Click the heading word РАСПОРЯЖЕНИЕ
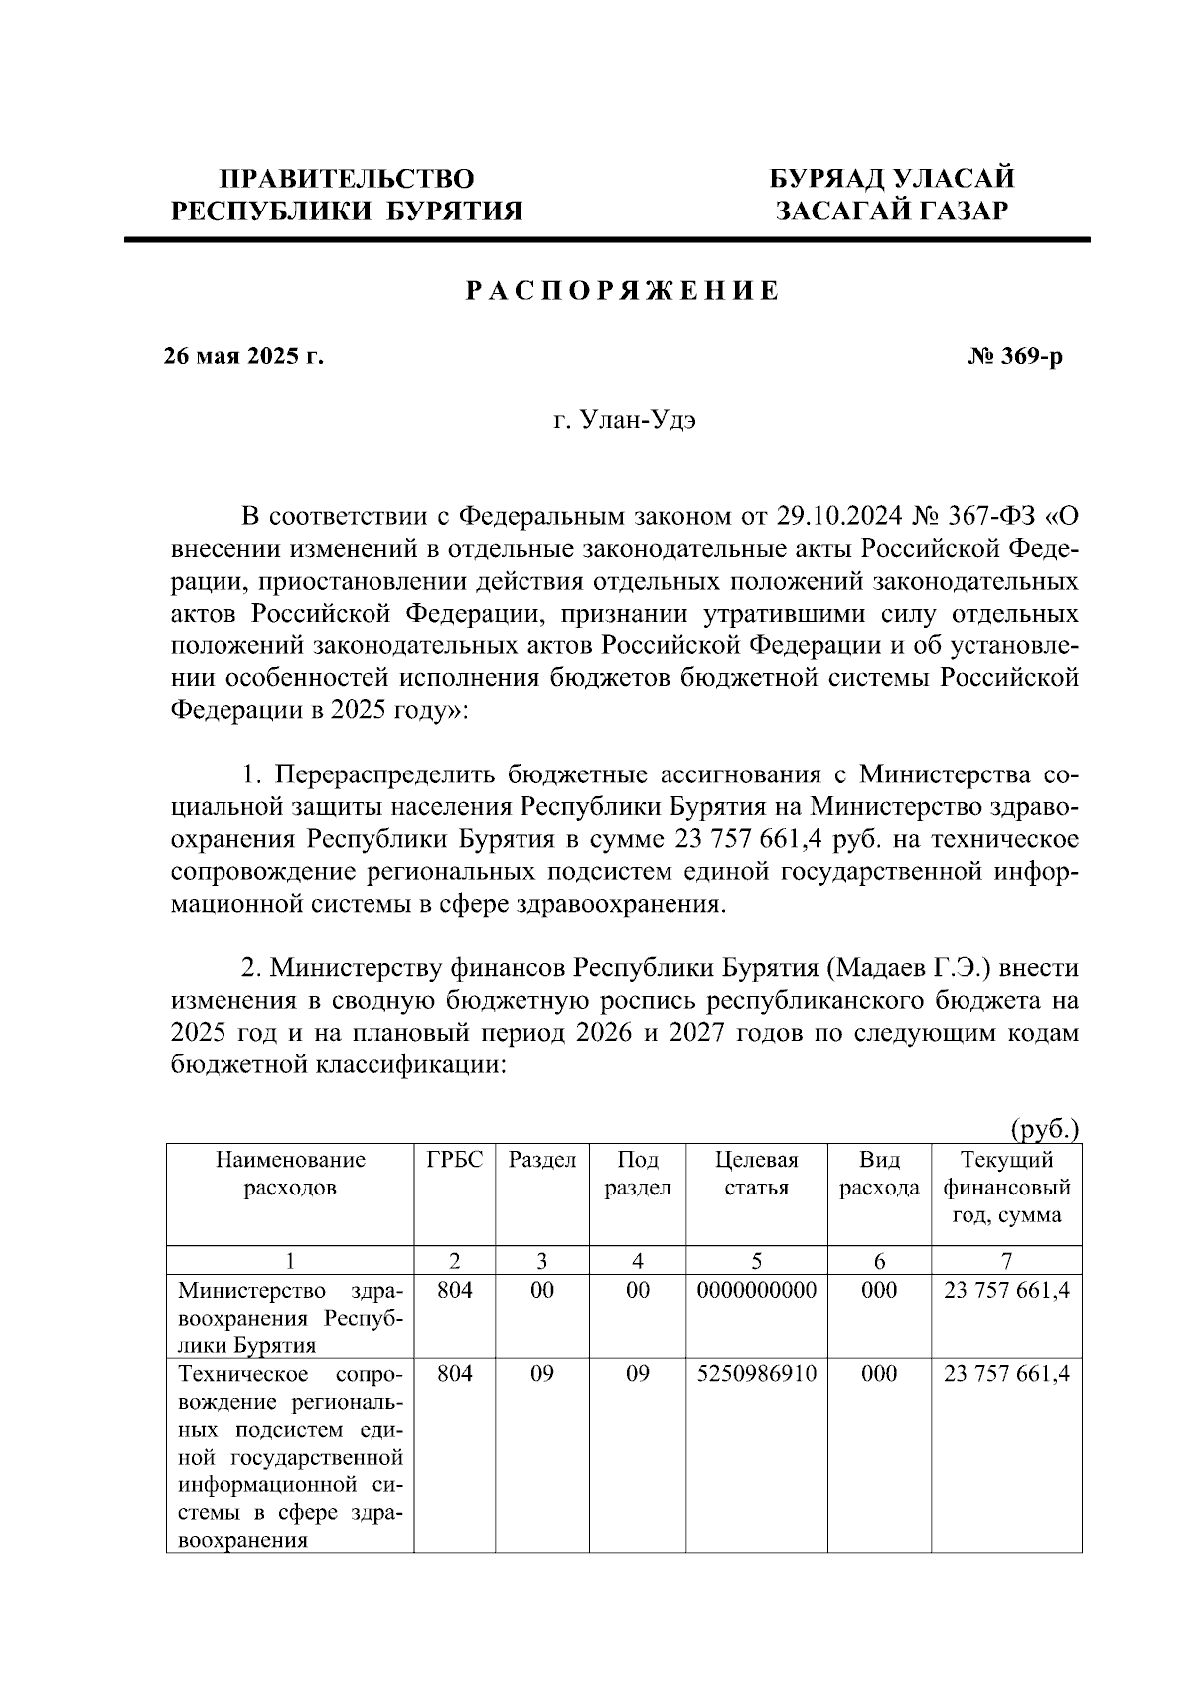click(x=623, y=291)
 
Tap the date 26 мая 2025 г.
click(x=243, y=356)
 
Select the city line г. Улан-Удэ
click(x=625, y=421)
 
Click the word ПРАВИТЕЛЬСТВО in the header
click(x=347, y=179)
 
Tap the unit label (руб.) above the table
click(x=1044, y=1128)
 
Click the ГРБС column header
click(x=454, y=1160)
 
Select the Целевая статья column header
click(x=756, y=1174)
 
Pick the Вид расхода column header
click(x=879, y=1174)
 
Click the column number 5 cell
click(x=756, y=1261)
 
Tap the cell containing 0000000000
click(x=756, y=1290)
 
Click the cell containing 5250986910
click(x=756, y=1374)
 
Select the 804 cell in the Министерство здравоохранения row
click(x=454, y=1290)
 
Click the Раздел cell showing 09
click(x=541, y=1374)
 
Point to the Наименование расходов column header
click(x=290, y=1174)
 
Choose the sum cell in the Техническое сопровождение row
click(x=1006, y=1374)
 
